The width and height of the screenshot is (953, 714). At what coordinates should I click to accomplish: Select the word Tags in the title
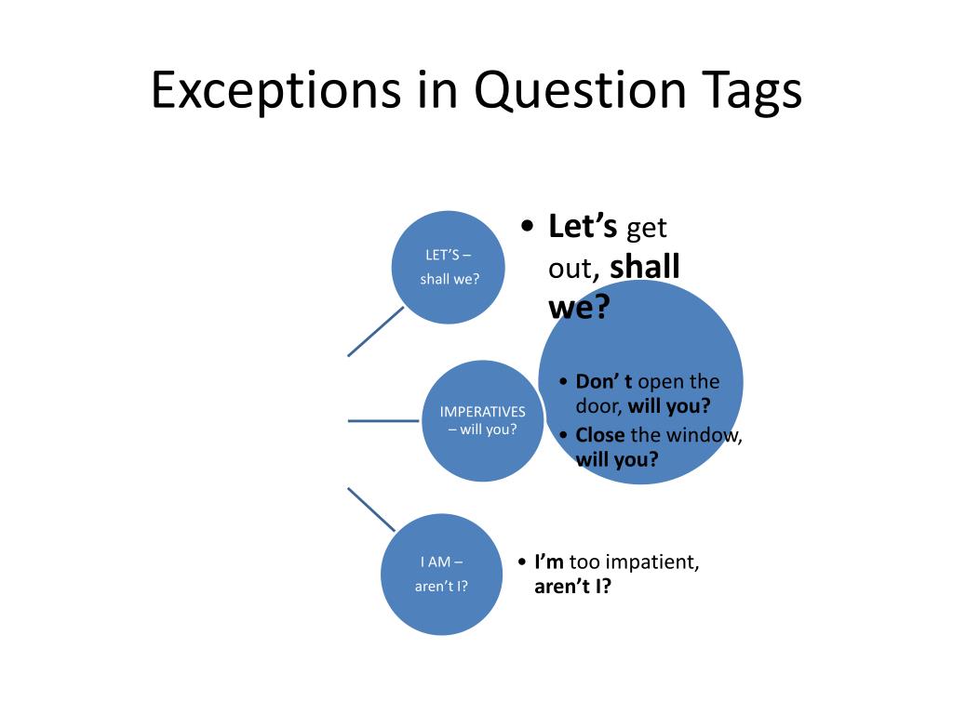click(743, 92)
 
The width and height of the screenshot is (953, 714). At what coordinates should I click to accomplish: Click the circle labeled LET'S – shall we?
click(449, 267)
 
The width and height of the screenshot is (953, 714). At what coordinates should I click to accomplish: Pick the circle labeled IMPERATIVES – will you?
click(482, 420)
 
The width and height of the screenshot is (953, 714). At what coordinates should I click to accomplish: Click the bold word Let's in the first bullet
click(583, 226)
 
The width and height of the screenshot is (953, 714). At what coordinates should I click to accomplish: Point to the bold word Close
click(600, 435)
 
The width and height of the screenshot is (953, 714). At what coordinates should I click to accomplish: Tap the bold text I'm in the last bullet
click(549, 562)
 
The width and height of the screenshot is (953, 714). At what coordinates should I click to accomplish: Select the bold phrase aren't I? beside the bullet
click(572, 587)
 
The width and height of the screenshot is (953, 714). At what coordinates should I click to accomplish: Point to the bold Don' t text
click(604, 381)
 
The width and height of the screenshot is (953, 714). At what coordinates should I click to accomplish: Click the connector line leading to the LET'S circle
click(375, 332)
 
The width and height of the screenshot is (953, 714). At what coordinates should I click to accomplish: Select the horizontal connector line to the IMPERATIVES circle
click(383, 420)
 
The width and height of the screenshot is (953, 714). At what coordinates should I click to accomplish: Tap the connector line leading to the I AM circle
click(370, 509)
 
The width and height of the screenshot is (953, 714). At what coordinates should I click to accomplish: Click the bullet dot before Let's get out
click(528, 227)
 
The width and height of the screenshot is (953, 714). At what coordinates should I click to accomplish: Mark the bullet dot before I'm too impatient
click(521, 562)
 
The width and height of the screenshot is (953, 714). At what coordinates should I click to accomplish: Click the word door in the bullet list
click(598, 405)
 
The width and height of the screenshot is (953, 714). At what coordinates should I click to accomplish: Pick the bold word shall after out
click(645, 267)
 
